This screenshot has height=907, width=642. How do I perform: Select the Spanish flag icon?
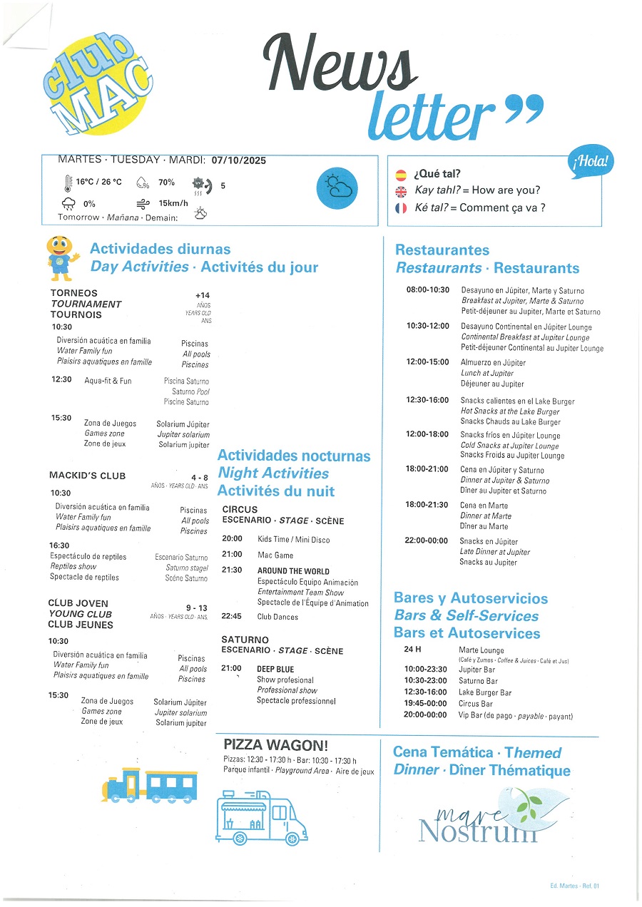(400, 174)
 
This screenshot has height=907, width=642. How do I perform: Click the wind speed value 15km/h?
(173, 203)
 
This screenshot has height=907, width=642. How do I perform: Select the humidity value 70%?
(166, 183)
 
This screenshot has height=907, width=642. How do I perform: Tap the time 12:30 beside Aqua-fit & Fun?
(61, 379)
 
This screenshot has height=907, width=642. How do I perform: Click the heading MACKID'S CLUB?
(87, 476)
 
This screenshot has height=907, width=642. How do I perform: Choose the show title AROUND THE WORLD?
(293, 571)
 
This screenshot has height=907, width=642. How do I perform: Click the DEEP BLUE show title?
(275, 669)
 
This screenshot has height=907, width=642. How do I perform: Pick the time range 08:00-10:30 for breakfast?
(428, 290)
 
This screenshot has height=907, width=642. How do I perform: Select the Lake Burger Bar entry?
(485, 692)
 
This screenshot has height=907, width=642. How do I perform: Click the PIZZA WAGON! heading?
(275, 746)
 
